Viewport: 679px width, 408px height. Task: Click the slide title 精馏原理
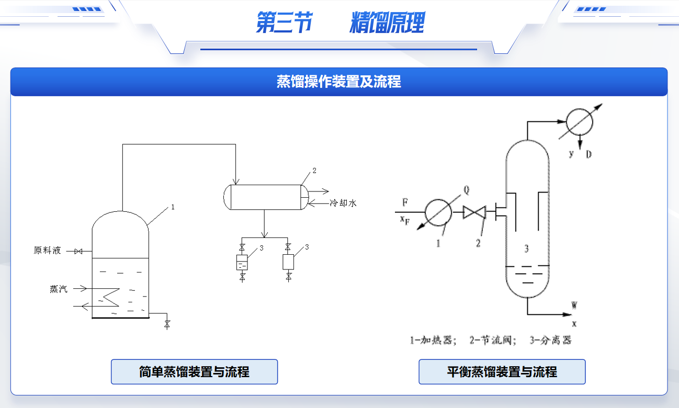click(x=387, y=24)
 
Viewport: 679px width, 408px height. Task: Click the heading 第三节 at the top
click(x=284, y=24)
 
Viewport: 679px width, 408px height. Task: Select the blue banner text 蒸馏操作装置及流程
click(x=339, y=82)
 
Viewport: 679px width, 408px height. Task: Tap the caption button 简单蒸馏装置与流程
click(x=194, y=372)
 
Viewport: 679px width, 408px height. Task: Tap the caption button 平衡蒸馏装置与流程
click(x=502, y=372)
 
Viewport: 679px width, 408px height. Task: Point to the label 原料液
click(x=48, y=251)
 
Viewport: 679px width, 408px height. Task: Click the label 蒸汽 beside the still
click(x=59, y=289)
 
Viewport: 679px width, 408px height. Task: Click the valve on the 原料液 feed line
click(x=78, y=252)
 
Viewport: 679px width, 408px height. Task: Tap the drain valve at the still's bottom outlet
click(x=167, y=324)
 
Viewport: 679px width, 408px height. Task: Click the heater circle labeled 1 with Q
click(x=438, y=212)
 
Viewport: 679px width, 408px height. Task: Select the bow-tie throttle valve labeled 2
click(x=474, y=212)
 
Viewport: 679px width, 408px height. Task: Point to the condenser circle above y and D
click(x=580, y=122)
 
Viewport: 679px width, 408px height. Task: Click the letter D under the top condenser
click(x=589, y=154)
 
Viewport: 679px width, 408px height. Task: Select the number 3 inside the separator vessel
click(x=527, y=249)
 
